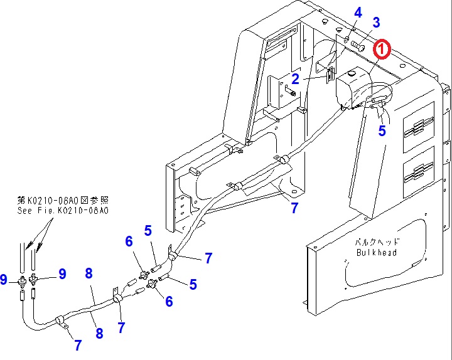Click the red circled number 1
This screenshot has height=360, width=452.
[x=382, y=48]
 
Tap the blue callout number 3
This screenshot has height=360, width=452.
[x=376, y=23]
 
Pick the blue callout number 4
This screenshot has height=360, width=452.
[x=358, y=12]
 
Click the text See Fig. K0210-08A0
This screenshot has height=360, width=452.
[x=63, y=211]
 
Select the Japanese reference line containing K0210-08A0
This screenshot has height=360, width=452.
[x=63, y=201]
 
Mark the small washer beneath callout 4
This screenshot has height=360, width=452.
[x=347, y=40]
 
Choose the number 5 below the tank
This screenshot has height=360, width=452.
[x=382, y=131]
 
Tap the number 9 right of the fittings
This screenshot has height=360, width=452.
[x=62, y=273]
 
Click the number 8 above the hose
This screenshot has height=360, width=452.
[x=89, y=273]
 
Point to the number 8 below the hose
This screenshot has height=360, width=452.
[x=99, y=334]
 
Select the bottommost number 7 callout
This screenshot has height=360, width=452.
[x=78, y=344]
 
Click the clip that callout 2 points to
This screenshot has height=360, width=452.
[x=329, y=75]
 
